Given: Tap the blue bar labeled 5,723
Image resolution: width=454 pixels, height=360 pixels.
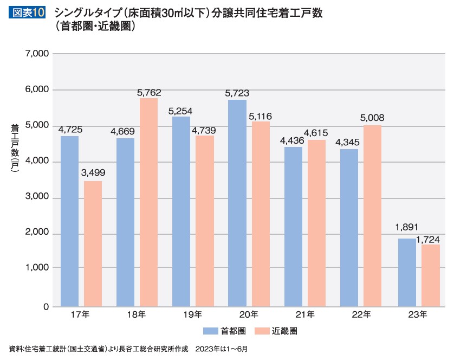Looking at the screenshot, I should point(237,203).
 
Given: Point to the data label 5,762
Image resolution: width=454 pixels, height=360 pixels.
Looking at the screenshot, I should point(149,93).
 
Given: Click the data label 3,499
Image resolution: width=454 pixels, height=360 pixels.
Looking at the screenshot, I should point(93,173).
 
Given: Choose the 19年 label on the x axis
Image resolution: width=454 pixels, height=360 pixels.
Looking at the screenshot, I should point(193,314).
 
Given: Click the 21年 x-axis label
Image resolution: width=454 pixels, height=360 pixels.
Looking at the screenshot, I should point(306,314).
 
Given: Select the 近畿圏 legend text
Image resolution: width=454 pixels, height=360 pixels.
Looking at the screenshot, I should point(285,330).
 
